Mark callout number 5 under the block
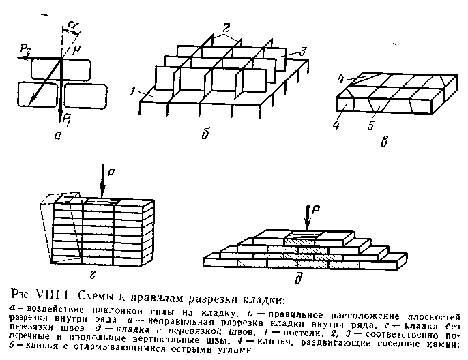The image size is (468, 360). (x=370, y=126)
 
